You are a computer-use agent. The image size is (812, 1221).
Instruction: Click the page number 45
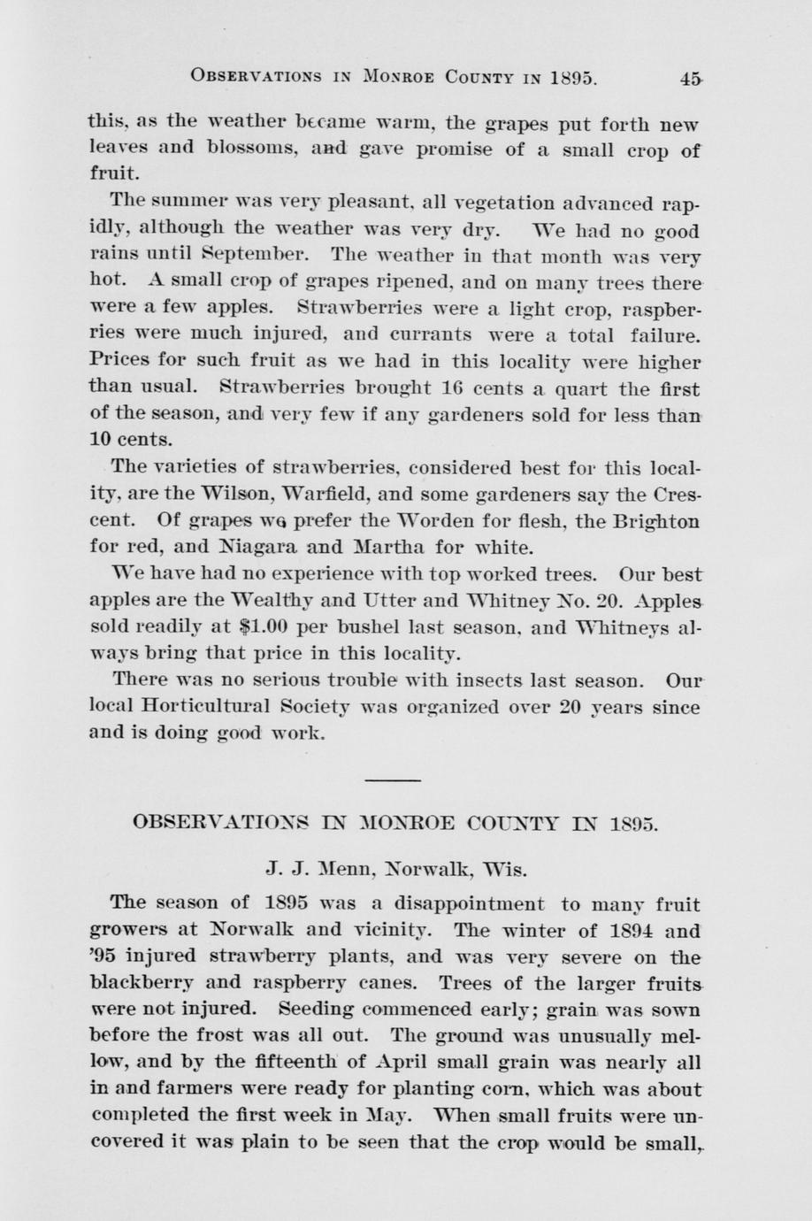(690, 77)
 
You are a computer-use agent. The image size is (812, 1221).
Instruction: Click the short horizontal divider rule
(393, 779)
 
